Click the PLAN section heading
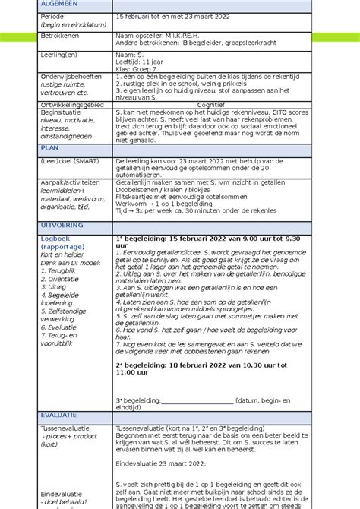[x=49, y=149]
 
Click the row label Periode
[x=54, y=16]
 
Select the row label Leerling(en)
[x=61, y=55]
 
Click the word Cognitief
[x=210, y=104]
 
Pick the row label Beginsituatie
[x=62, y=112]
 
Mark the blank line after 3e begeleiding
[x=197, y=400]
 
